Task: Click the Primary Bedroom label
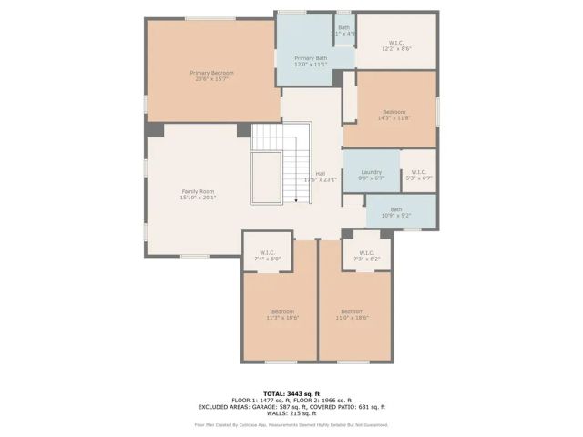click(x=211, y=76)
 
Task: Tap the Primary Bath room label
click(x=311, y=61)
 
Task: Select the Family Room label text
click(x=198, y=194)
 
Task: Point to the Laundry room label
click(x=371, y=175)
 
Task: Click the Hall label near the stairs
click(x=321, y=177)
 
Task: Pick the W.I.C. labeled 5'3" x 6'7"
click(x=418, y=175)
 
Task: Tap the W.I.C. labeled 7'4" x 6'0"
click(x=268, y=256)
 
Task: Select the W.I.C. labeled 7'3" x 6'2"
click(x=366, y=256)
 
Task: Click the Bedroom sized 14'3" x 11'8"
click(x=394, y=115)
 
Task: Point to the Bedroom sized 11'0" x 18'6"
click(x=353, y=315)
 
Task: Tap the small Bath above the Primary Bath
click(x=343, y=30)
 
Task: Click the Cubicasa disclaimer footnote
click(x=291, y=424)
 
